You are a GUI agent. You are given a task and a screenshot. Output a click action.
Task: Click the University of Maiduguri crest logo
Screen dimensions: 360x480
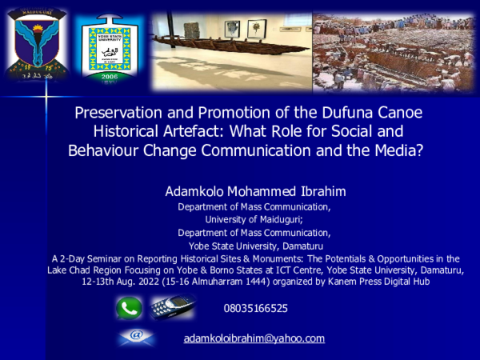(x=38, y=44)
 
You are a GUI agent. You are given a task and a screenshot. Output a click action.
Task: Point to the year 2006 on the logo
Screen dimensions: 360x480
(x=110, y=76)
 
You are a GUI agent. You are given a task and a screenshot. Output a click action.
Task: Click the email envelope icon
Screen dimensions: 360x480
(x=136, y=337)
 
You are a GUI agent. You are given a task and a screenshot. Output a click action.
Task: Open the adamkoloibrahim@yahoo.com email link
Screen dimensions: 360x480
(x=254, y=338)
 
